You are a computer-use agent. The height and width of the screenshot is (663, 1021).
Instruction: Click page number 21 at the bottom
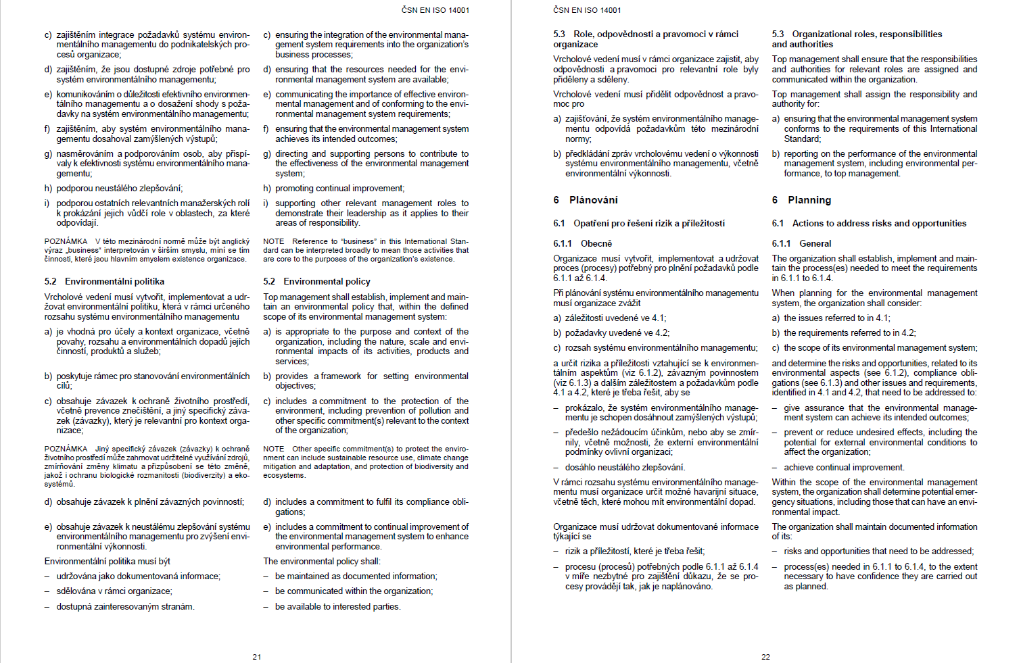(x=257, y=657)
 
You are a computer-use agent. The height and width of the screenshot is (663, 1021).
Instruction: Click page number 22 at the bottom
(x=765, y=657)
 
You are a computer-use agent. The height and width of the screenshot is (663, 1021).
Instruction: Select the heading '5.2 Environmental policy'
(x=317, y=281)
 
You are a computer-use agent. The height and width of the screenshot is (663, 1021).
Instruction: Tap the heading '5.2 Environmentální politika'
(x=104, y=281)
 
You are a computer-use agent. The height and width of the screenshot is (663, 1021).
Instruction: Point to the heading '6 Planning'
(x=801, y=200)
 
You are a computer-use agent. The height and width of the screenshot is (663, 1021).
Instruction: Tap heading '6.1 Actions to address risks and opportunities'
(x=869, y=223)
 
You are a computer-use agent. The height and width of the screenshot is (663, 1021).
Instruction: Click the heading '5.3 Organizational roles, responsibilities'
(x=857, y=34)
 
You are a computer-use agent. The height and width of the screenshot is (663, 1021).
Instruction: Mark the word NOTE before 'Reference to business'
(x=274, y=241)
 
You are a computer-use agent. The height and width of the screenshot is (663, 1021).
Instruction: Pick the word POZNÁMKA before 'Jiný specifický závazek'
(x=66, y=449)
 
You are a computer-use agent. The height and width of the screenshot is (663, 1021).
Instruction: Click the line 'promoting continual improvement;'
(x=339, y=189)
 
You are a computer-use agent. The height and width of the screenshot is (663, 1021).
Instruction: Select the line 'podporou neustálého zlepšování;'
(x=119, y=189)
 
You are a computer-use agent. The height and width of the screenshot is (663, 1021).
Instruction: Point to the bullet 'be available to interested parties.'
(x=337, y=607)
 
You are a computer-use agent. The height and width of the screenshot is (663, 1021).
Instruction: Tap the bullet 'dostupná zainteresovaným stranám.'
(x=125, y=607)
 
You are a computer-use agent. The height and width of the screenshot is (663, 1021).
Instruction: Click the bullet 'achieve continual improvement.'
(x=844, y=467)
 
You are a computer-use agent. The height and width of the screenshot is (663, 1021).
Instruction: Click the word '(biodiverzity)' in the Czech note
(x=204, y=475)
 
